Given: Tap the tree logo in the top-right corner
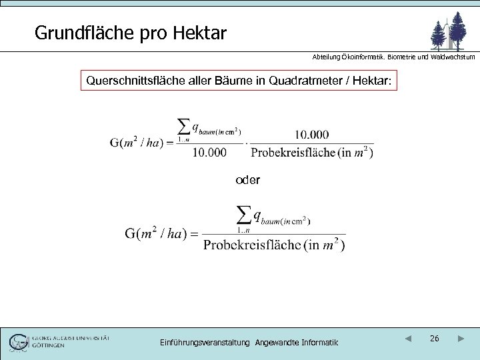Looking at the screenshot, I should coord(448,30).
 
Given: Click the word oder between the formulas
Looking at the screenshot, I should coord(248,180).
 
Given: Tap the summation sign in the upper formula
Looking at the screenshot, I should coord(183,127).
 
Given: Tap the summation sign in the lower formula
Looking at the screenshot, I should coord(245,214).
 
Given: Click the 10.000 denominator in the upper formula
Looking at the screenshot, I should coord(209,153).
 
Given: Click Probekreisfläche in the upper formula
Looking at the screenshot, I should coord(293,153).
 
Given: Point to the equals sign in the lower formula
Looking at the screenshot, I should coord(195,234).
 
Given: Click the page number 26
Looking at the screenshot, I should coord(434,339).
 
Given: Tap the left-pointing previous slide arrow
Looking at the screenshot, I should coord(408,339).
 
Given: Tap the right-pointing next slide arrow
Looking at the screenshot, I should coord(461,339).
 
